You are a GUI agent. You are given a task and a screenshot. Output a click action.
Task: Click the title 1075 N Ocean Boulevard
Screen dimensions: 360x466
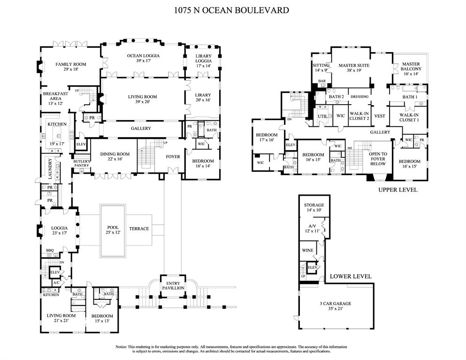tap(233, 10)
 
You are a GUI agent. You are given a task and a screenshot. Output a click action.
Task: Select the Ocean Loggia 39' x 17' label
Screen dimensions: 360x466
tap(143, 58)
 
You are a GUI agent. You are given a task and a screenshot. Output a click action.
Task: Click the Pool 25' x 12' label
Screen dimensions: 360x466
tap(112, 230)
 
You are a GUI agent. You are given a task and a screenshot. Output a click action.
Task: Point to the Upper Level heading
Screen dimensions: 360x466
tap(398, 190)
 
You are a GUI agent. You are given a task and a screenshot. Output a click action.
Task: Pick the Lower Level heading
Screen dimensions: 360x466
tap(350, 276)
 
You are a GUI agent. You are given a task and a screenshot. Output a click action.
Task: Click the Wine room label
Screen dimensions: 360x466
tap(307, 250)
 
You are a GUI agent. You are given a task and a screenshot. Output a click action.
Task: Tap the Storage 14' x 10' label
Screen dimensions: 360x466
tap(314, 208)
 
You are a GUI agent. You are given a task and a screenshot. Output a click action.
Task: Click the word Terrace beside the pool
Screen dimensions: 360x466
tap(139, 229)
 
